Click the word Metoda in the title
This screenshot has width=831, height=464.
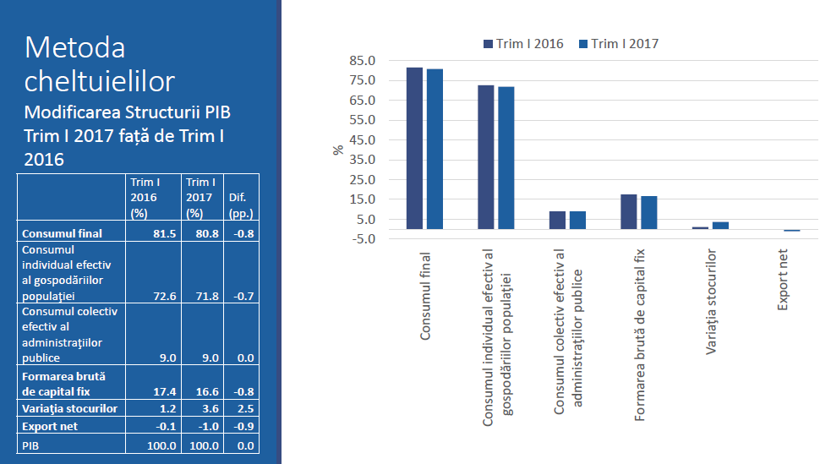tap(74, 47)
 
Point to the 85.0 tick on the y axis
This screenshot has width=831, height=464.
tap(361, 61)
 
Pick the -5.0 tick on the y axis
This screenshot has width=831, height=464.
tap(362, 239)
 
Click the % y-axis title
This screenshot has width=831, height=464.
tap(338, 150)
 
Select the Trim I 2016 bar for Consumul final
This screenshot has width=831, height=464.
tap(414, 148)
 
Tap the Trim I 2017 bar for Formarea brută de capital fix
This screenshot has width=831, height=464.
tap(649, 212)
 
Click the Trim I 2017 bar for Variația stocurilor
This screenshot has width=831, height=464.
tap(720, 226)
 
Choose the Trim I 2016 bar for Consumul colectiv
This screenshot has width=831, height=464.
tap(557, 220)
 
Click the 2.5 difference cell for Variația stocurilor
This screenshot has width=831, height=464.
tap(245, 409)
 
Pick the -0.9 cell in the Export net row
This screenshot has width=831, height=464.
tap(243, 427)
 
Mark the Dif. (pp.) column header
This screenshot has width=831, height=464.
tap(241, 205)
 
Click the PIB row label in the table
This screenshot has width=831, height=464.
tap(32, 445)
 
